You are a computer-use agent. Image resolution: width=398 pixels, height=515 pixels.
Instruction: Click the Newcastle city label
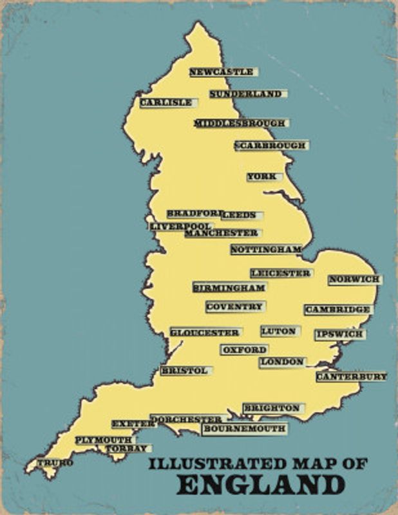221,72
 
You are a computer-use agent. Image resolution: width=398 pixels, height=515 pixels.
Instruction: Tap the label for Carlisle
166,102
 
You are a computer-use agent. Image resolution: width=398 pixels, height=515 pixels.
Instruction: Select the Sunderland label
245,94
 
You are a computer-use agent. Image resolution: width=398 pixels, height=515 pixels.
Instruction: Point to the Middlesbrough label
240,123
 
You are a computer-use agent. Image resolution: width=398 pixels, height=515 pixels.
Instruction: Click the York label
261,176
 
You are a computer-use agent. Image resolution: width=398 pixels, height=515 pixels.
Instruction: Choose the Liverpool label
180,227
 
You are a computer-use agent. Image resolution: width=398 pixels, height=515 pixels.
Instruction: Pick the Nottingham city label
266,249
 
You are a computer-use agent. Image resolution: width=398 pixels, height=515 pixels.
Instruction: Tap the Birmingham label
229,287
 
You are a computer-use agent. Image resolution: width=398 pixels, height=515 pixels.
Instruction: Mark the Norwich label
354,279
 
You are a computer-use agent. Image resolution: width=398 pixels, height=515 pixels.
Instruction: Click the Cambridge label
337,310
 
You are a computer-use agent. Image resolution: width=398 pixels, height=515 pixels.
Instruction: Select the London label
281,362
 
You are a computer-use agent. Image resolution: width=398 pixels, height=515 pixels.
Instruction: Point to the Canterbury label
351,376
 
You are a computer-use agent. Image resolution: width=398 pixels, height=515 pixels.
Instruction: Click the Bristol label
184,371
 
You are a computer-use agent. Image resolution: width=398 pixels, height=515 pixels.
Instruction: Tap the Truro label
55,462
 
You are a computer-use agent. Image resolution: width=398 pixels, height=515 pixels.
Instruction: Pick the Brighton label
271,408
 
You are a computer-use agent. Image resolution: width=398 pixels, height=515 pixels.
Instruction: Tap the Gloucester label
205,332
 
